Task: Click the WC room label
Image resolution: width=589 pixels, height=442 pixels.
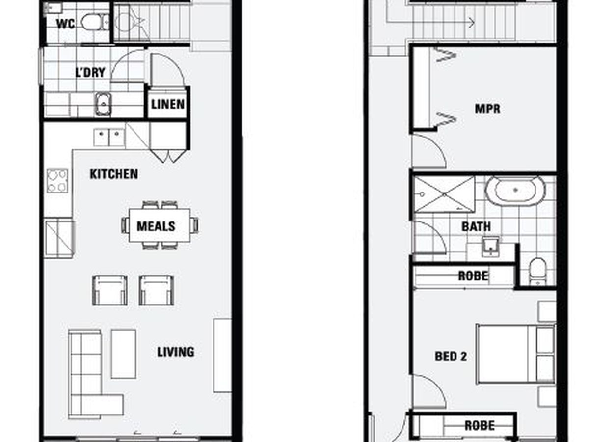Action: [65, 24]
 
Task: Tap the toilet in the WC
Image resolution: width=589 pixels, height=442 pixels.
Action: [95, 22]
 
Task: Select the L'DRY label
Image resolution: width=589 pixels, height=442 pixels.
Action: [90, 73]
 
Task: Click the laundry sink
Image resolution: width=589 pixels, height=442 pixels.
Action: [103, 104]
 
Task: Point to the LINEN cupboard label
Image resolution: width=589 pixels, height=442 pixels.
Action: [168, 104]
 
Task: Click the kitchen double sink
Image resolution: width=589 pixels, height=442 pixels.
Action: [109, 138]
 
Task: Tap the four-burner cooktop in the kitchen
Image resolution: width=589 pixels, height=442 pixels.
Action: [57, 181]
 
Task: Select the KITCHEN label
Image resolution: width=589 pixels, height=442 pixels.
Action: [114, 174]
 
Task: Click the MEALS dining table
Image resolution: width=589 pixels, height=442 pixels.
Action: [160, 225]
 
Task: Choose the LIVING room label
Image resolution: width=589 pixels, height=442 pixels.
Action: [176, 352]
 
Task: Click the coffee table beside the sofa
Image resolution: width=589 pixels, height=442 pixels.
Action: [123, 354]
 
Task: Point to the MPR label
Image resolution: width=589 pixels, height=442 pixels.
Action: [487, 109]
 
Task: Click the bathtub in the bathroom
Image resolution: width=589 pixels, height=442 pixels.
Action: [515, 191]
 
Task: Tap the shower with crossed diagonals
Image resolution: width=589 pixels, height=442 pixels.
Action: [444, 194]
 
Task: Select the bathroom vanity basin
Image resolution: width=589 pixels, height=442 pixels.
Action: [490, 247]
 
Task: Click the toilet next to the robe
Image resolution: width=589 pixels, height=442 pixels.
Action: [538, 271]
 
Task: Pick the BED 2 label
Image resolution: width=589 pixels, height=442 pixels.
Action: [451, 357]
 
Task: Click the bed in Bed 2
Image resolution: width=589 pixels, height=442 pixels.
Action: [516, 354]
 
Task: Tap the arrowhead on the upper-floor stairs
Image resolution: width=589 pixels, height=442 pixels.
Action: [472, 23]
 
